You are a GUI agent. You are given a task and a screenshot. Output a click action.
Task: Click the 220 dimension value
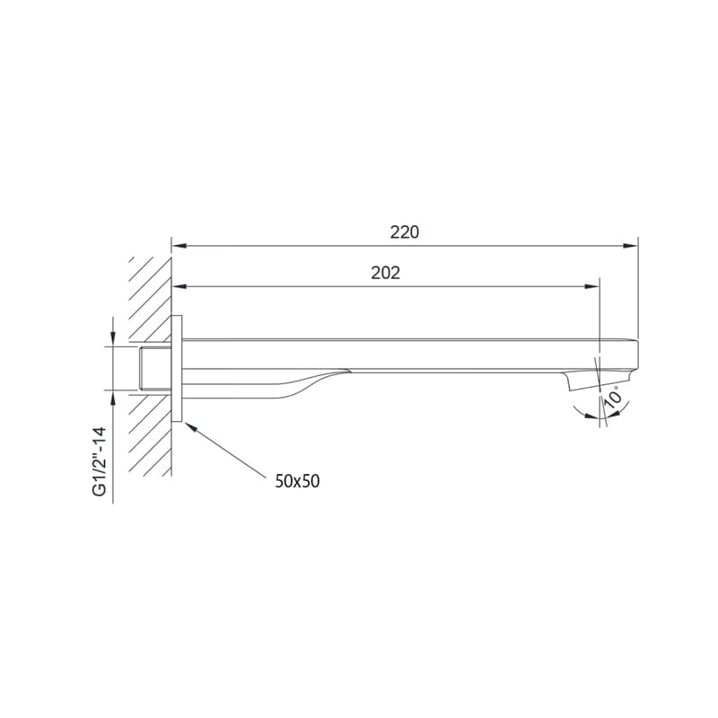click(405, 232)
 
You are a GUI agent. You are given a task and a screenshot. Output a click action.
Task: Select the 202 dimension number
click(386, 273)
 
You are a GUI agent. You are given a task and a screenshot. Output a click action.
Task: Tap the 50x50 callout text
click(297, 481)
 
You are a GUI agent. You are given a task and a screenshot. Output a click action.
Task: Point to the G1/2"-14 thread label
click(100, 461)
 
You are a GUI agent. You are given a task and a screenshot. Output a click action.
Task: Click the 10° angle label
click(614, 397)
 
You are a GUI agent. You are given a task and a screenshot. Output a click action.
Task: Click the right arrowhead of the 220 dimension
click(631, 246)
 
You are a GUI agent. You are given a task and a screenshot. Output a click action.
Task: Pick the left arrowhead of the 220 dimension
click(179, 246)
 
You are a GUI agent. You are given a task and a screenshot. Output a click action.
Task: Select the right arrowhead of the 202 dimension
click(592, 286)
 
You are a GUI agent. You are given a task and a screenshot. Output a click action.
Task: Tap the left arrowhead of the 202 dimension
click(179, 286)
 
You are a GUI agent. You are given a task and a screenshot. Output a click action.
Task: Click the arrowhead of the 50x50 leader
click(190, 428)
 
